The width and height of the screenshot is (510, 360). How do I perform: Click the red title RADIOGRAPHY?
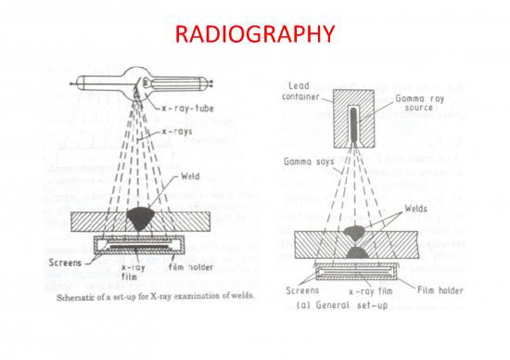(x=254, y=34)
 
